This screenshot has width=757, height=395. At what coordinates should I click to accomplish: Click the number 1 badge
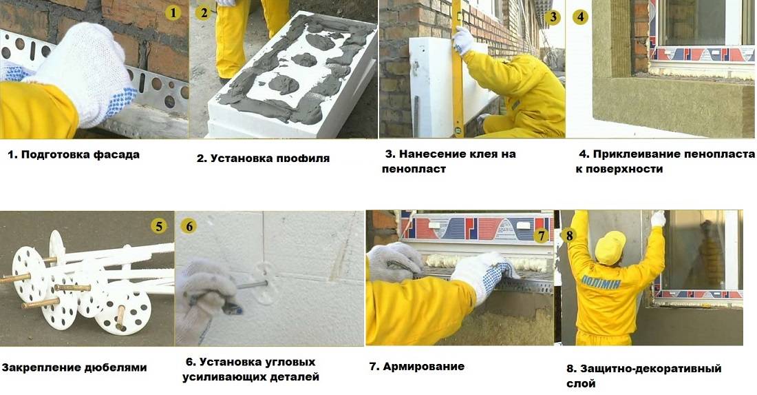tap(173, 12)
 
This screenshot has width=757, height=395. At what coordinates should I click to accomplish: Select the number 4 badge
tap(581, 17)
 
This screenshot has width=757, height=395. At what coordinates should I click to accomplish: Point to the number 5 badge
tap(159, 225)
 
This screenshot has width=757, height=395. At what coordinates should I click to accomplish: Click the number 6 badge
tap(190, 225)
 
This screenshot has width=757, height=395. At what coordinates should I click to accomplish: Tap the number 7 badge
tap(542, 236)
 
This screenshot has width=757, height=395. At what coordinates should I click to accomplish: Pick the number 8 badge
tap(570, 235)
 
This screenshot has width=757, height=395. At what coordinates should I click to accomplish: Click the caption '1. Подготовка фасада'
tap(74, 154)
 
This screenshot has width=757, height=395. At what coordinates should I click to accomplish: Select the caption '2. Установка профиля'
tap(263, 159)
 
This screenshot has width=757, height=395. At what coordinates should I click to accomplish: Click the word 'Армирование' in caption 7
tap(424, 366)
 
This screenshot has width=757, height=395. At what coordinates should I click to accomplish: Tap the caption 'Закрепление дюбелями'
tap(74, 367)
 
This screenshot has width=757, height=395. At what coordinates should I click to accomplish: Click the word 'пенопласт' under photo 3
tap(414, 168)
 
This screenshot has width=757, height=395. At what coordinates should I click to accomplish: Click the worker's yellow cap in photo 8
tap(610, 247)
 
